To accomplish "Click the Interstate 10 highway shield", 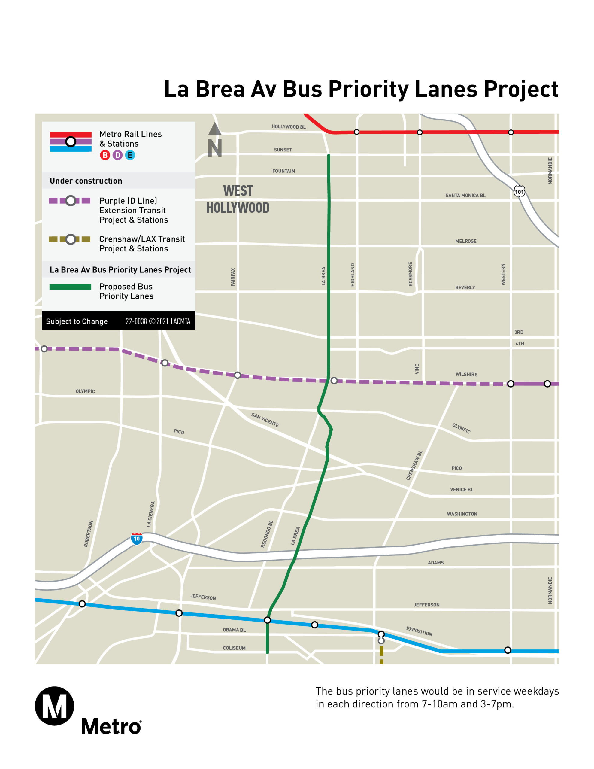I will pos(137,539).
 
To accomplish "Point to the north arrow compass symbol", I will pos(214,139).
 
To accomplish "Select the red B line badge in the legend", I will pos(105,155).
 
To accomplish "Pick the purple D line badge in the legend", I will pos(118,155).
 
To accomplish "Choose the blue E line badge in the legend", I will pos(130,155).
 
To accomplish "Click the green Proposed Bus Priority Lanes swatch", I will pos(70,287).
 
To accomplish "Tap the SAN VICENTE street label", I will pos(265,420).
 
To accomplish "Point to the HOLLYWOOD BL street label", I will pos(288,127).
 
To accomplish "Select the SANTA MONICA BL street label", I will pos(465,196).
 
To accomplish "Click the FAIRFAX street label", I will pos(233,277).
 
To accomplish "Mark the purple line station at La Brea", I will pos(334,381).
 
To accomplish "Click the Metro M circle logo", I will pos(55,706).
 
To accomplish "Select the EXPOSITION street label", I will pos(419,631).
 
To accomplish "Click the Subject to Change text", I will pos(77,321).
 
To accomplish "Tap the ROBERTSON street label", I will pos(88,534).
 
